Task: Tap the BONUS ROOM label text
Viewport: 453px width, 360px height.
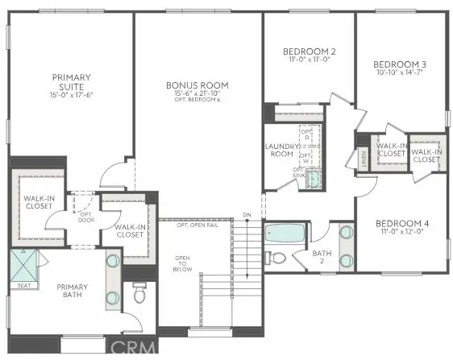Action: [197, 85]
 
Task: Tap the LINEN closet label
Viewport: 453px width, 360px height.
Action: [363, 155]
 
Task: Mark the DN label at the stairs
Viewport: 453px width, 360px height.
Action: [248, 215]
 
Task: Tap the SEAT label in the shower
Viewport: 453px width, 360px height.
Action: [23, 284]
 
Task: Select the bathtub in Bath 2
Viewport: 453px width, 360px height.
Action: [284, 234]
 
